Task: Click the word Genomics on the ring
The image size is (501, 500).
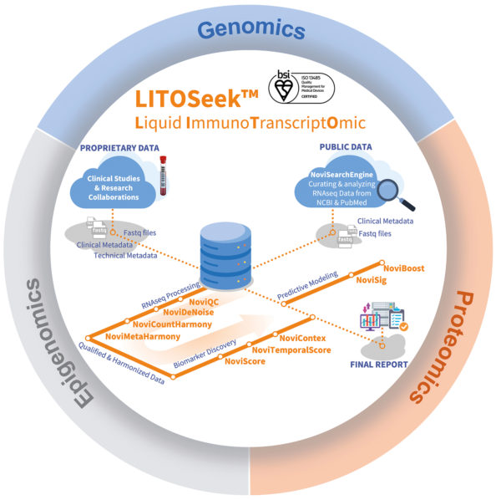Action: pyautogui.click(x=250, y=32)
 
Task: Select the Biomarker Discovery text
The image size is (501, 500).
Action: pyautogui.click(x=205, y=354)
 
